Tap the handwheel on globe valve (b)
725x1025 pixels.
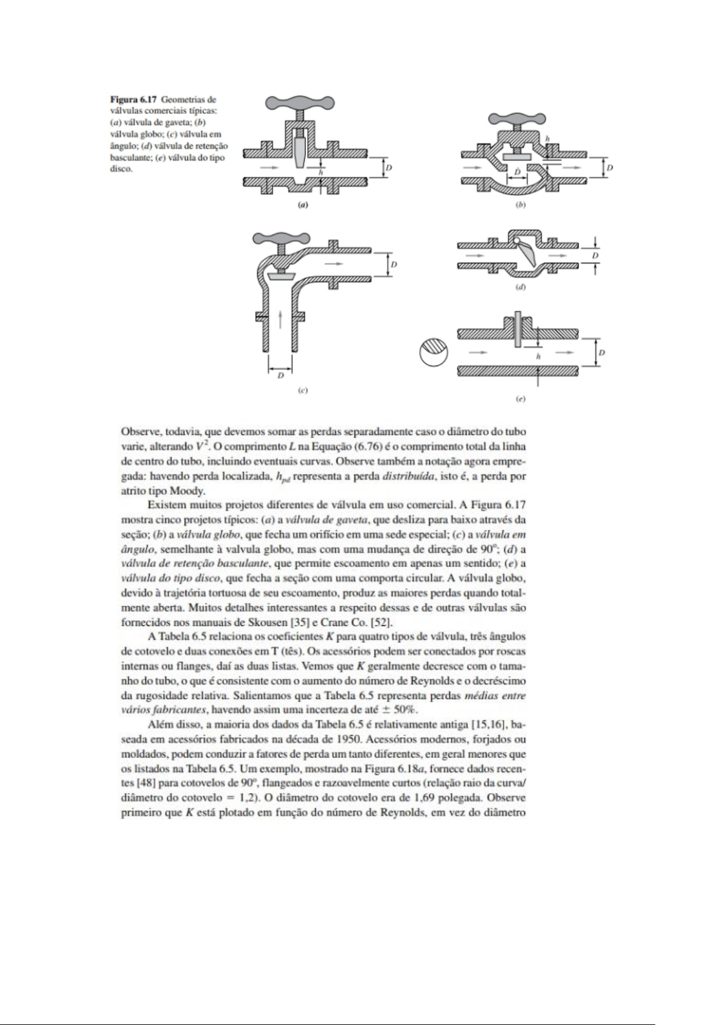(516, 119)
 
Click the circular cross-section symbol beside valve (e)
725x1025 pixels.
(434, 353)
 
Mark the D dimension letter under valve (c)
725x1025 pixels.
(280, 376)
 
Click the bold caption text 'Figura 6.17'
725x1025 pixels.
(130, 99)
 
